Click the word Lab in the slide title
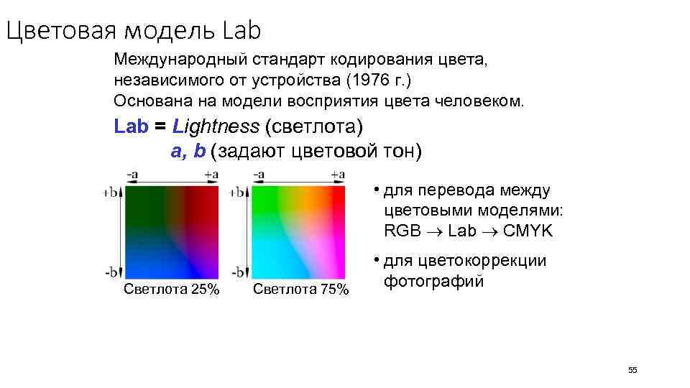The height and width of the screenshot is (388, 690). pyautogui.click(x=241, y=31)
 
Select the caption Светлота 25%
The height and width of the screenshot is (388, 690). pyautogui.click(x=171, y=290)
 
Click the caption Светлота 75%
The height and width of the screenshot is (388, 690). pyautogui.click(x=301, y=290)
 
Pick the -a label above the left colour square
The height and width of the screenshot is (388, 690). pyautogui.click(x=133, y=175)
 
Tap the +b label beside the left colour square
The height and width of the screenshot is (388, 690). pyautogui.click(x=111, y=193)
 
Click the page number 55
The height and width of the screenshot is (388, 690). pyautogui.click(x=632, y=370)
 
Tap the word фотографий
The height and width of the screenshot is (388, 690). pyautogui.click(x=433, y=280)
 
